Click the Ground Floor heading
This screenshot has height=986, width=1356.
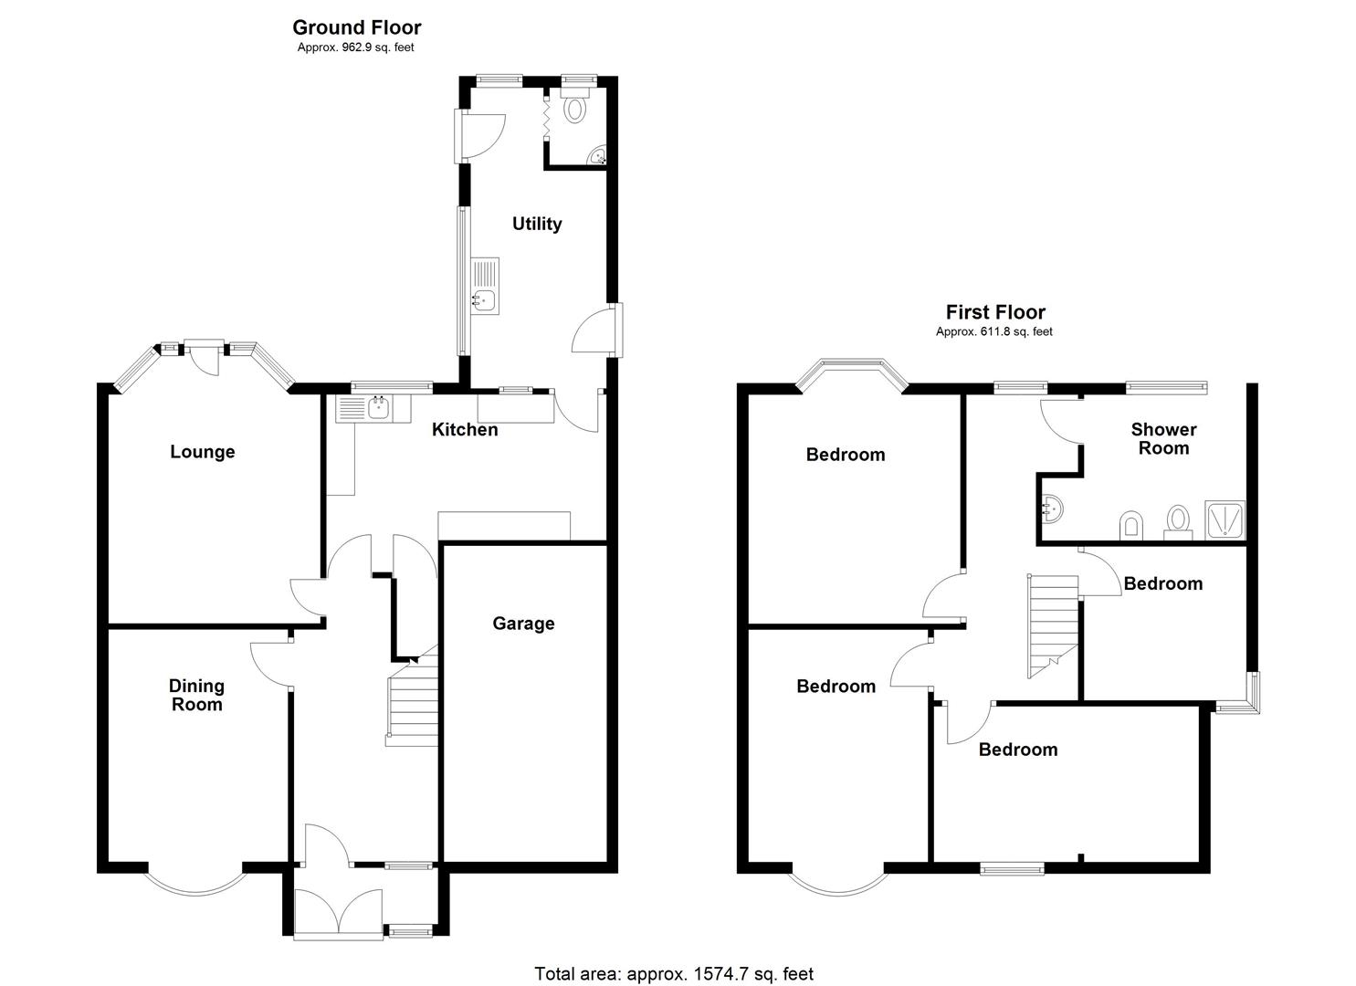point(356,27)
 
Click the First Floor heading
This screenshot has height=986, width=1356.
point(994,312)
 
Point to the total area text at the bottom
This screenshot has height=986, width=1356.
point(673,974)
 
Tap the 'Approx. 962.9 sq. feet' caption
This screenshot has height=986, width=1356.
point(356,47)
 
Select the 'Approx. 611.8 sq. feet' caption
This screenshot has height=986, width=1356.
point(994,332)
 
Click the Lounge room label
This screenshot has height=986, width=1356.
point(203,452)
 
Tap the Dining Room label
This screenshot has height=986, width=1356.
point(196,695)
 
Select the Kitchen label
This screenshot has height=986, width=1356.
point(465,429)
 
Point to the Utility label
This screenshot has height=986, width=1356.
point(537,224)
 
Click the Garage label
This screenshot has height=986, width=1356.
point(523,624)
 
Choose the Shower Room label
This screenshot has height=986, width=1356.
point(1163,438)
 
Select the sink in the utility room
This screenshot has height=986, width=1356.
point(485,298)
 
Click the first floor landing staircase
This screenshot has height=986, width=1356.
point(1053,626)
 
